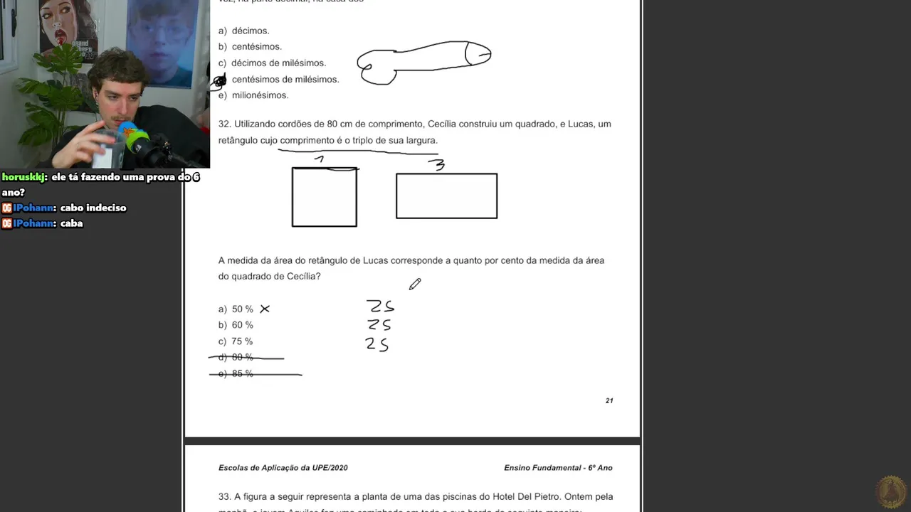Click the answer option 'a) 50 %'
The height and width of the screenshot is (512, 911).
pos(236,309)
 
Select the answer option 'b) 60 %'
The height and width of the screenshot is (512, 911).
pos(236,325)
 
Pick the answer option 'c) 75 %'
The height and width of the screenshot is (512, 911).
pos(236,341)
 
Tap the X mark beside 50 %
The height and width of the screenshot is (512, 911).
pos(265,309)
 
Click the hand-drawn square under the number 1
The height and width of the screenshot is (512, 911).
pos(324,197)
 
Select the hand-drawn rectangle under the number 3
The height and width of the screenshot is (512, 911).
pos(446,196)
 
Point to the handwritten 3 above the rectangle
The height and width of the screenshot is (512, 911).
pos(439,165)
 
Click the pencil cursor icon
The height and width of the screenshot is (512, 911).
pos(415,284)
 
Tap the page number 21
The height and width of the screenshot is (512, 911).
pos(609,400)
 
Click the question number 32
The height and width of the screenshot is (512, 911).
pos(224,124)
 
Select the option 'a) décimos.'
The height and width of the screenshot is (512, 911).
pos(244,31)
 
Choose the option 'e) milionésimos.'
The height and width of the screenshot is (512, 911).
pos(253,95)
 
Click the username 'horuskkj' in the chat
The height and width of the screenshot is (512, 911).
pos(24,177)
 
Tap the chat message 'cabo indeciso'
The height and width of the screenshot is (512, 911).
pos(93,208)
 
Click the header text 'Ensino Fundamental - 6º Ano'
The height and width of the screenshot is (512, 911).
pos(558,468)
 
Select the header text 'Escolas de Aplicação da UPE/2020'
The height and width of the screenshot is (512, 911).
pos(283,468)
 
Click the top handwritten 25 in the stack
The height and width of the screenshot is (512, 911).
pos(381,306)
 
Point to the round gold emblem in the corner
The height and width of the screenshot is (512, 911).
pos(890,492)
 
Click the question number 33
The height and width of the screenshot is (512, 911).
pos(224,497)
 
